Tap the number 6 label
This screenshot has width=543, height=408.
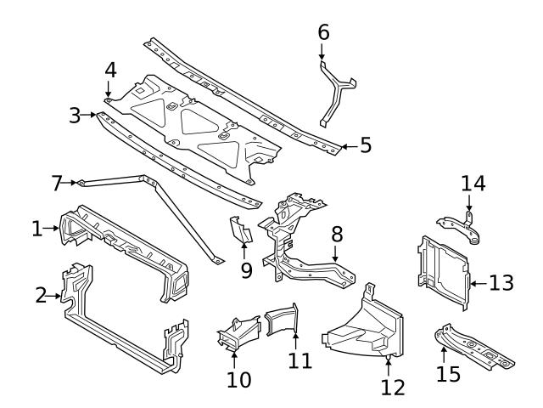323,32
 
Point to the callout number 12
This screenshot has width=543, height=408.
392,388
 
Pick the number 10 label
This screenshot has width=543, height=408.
239,378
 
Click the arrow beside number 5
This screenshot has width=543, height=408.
348,146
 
